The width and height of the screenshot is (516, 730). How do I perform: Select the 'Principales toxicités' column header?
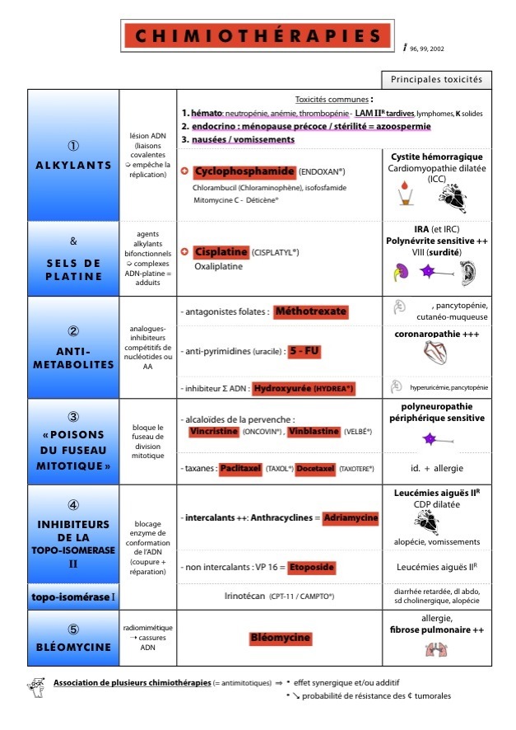coord(436,81)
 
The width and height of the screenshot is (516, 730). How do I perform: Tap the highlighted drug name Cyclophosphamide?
coord(244,171)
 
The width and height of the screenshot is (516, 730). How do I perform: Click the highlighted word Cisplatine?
coord(221,251)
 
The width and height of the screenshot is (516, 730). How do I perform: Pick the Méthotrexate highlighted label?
coord(310,311)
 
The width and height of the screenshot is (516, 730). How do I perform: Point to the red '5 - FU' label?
coord(304,351)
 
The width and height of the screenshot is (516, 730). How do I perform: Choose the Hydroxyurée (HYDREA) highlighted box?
coord(304,387)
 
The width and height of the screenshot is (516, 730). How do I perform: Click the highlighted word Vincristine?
coord(213,431)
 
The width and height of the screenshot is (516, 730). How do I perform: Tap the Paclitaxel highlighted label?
coord(240,468)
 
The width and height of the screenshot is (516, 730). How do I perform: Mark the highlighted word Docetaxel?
coord(315,468)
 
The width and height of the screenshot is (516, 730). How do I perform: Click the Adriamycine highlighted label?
coord(351,517)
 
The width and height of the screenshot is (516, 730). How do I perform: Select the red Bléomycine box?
coord(280,638)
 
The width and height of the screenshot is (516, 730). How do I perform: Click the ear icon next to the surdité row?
coord(467,273)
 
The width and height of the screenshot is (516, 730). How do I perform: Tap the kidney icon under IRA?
coord(402,273)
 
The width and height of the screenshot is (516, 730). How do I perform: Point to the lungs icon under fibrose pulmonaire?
coord(436,650)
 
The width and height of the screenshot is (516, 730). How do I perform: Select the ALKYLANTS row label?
coord(73,165)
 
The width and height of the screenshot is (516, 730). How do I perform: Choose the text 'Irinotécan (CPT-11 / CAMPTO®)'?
coord(279,595)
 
